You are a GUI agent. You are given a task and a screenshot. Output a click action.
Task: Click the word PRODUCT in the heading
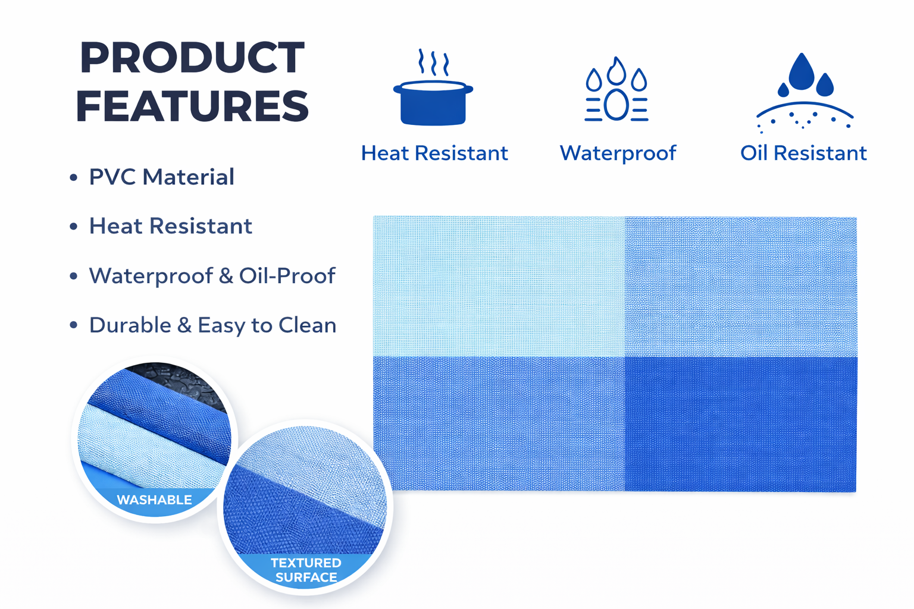coord(192,57)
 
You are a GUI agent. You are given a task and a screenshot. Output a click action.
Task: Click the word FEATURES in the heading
coord(192,106)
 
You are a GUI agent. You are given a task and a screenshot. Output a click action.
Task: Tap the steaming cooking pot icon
coord(433,87)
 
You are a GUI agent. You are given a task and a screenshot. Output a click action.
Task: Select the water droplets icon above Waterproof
coord(616,89)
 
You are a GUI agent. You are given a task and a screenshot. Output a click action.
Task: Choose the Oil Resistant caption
coord(803,153)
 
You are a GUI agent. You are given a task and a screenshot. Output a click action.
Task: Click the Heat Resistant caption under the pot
coord(434,153)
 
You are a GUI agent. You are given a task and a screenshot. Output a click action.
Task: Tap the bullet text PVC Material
coord(162,177)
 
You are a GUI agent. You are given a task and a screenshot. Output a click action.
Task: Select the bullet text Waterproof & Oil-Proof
coord(212,276)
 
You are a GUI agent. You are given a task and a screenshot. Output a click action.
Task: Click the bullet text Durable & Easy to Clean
coord(212,325)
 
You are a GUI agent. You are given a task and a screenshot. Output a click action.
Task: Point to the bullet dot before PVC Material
coord(73,177)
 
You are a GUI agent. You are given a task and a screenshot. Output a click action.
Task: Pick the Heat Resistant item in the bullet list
coord(171,226)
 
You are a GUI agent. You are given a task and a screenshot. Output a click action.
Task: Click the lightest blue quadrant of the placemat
coord(499,286)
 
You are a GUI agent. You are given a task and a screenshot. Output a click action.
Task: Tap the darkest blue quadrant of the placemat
coord(741,424)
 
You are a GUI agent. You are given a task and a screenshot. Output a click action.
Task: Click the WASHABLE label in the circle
coord(154,500)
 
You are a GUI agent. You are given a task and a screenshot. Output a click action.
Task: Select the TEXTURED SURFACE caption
coord(306,570)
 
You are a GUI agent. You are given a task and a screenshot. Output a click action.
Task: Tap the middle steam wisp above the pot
coord(433,63)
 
